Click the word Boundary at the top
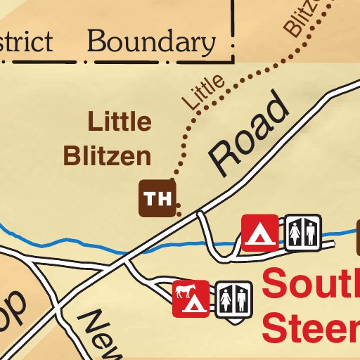coord(151,43)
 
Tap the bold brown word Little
coord(119,122)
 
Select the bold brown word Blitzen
coord(108,156)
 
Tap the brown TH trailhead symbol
coord(157,198)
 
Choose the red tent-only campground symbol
coord(259,233)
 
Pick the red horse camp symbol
coord(190,298)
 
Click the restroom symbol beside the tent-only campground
coord(303,232)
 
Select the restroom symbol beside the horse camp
coord(233,300)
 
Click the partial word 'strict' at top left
coord(26,42)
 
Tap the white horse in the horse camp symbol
coord(185,292)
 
